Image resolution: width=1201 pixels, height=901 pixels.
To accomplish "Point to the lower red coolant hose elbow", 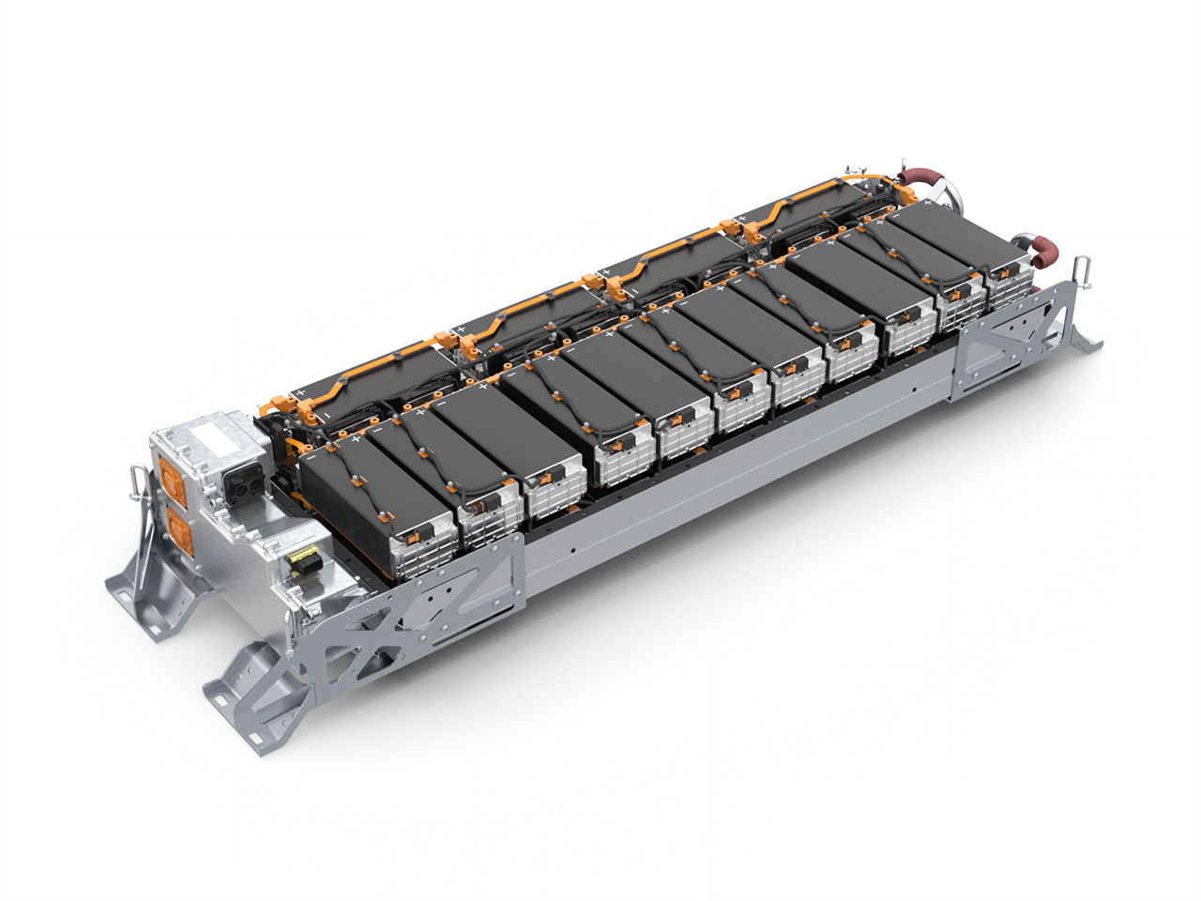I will [1043, 249].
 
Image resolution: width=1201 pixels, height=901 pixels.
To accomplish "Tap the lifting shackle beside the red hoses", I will [1083, 267].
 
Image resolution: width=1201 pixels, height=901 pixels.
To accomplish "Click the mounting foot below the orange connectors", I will [150, 587].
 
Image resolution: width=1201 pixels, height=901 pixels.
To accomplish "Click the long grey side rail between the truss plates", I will [741, 479].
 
